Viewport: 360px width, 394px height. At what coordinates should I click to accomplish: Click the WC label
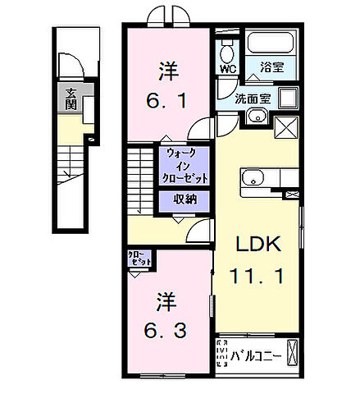[226, 70]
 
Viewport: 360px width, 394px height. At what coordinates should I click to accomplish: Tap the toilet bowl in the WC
[226, 50]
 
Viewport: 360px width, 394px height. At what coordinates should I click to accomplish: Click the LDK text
[259, 244]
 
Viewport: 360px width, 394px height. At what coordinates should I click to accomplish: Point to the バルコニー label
[256, 355]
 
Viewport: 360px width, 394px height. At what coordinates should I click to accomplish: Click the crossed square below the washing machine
[286, 127]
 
